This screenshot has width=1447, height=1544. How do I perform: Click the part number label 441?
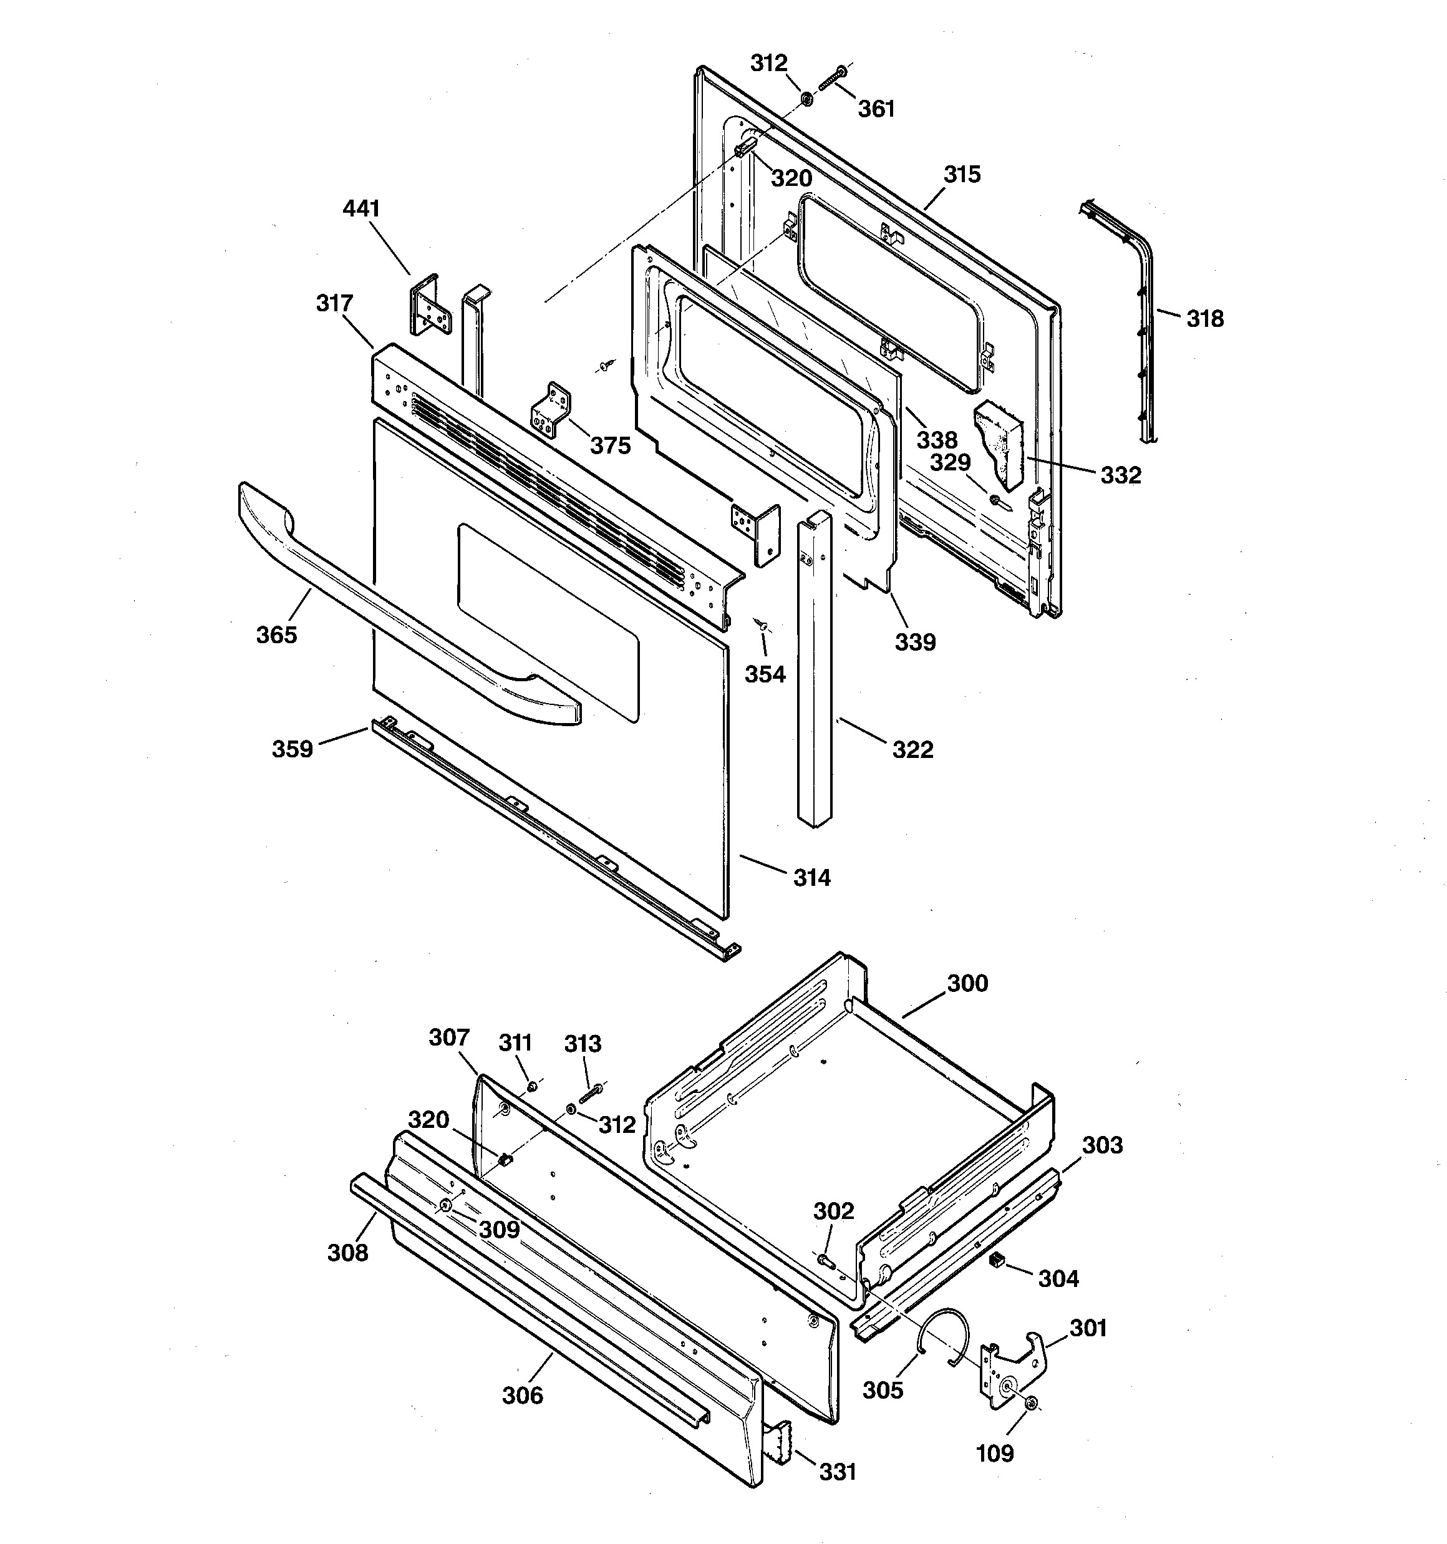361,209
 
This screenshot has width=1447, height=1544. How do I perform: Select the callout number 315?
962,175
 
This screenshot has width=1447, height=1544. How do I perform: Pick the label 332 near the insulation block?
1120,475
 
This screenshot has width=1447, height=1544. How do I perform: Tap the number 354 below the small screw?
765,674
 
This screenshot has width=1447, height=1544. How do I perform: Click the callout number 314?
811,878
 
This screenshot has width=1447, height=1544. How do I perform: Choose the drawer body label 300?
967,983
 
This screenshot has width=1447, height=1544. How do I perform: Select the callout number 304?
1058,1278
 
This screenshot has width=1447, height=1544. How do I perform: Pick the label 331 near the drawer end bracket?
837,1472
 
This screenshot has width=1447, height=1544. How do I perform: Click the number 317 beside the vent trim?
334,303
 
